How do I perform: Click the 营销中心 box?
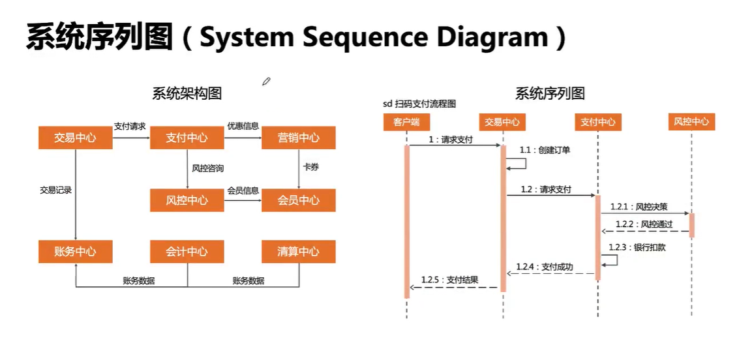299,138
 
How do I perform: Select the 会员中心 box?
299,200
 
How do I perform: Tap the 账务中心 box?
75,252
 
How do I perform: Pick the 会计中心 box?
187,252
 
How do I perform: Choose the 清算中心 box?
299,252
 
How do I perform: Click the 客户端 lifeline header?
406,122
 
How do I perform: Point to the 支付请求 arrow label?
130,126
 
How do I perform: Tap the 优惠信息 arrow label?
243,126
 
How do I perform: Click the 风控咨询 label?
207,168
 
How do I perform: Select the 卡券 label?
310,168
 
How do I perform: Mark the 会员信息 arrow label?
243,190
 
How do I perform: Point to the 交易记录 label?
56,190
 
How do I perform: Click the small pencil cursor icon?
266,82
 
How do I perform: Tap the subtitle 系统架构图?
187,93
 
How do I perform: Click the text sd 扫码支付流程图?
419,104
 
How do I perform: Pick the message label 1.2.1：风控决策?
639,207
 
